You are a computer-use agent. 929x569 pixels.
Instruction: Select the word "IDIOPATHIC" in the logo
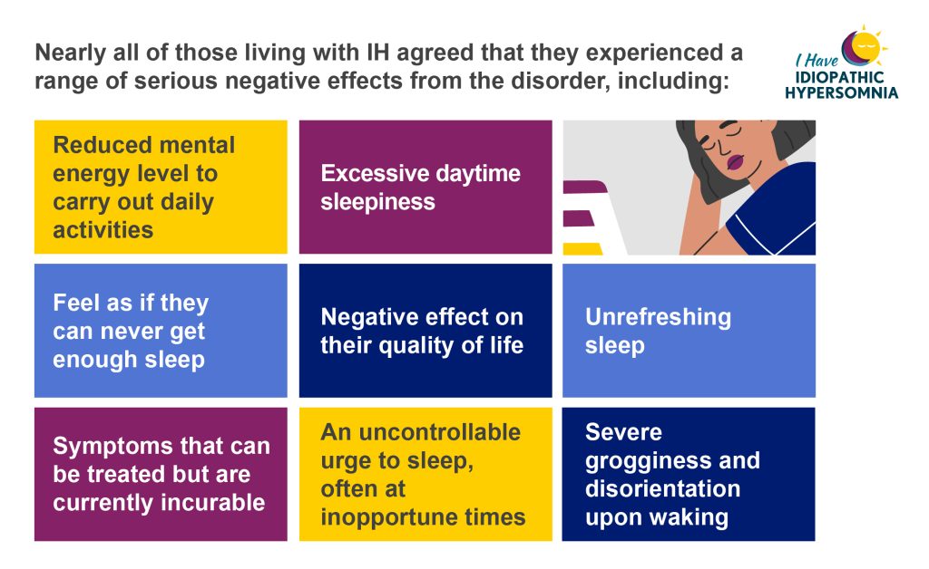(x=839, y=78)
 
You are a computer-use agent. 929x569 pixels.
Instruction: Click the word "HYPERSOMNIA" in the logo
(x=841, y=92)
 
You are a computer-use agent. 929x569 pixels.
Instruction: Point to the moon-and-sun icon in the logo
(x=864, y=46)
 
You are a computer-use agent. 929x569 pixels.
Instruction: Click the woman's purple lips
(x=735, y=162)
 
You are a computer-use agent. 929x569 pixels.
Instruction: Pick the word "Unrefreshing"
(x=658, y=317)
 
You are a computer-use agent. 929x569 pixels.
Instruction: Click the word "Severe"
(x=623, y=432)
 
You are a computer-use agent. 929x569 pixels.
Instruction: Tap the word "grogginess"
(x=648, y=461)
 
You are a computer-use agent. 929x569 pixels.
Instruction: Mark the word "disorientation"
(x=662, y=489)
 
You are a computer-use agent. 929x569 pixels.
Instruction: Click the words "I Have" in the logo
(x=817, y=61)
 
